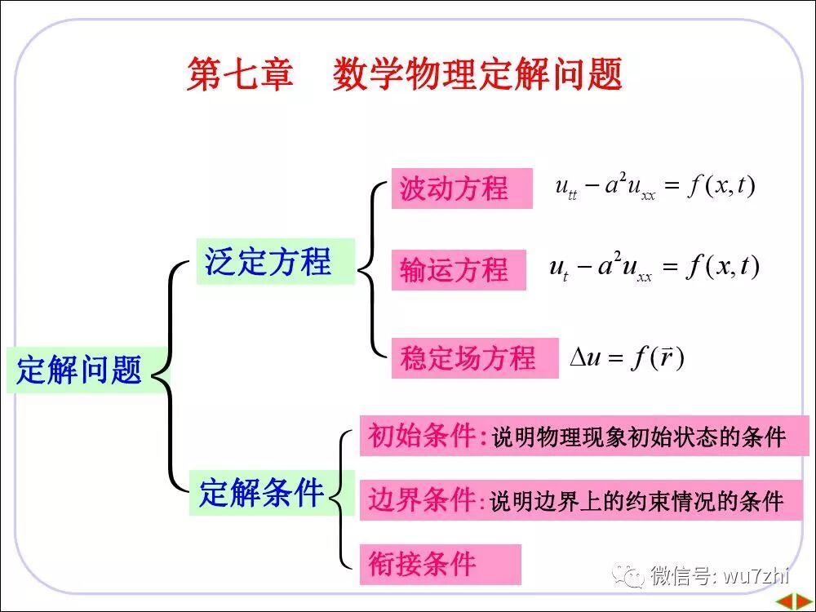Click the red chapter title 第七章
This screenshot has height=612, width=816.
pyautogui.click(x=239, y=74)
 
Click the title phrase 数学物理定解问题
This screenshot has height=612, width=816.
pyautogui.click(x=477, y=74)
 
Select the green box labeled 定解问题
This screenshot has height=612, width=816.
pyautogui.click(x=79, y=370)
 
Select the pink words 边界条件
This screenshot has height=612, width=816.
pyautogui.click(x=422, y=499)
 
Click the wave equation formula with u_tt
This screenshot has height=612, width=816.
pyautogui.click(x=655, y=188)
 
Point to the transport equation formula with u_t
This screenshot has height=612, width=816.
pyautogui.click(x=654, y=268)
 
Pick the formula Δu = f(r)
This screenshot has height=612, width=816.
pyautogui.click(x=627, y=357)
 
